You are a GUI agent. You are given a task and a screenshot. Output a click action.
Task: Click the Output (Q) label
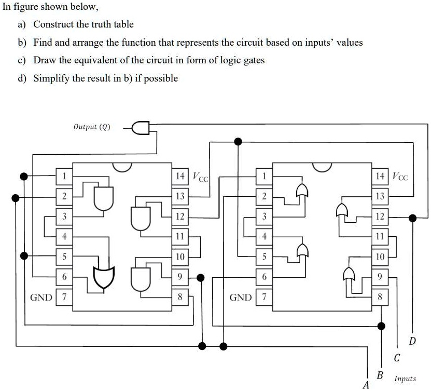pos(92,127)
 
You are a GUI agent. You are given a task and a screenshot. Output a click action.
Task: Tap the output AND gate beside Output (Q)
pos(142,127)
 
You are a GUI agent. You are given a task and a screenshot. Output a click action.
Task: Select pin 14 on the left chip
pos(180,176)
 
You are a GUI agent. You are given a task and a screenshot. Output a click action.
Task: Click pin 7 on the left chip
pos(64,298)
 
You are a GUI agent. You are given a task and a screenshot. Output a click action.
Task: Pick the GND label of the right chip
pos(241,298)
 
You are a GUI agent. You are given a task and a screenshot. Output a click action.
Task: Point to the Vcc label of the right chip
pos(400,177)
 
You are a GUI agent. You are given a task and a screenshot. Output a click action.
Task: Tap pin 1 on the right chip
pos(264,176)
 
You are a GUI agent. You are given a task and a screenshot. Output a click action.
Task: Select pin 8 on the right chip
pos(380,298)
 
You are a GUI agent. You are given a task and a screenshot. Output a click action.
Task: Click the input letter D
pos(412,341)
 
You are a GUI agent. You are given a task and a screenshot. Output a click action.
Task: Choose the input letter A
pos(366,385)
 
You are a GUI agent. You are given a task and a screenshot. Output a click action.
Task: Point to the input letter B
pos(380,375)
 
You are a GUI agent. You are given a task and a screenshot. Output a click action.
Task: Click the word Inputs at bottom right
pos(405,379)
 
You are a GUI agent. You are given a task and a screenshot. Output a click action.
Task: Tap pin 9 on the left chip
pos(180,277)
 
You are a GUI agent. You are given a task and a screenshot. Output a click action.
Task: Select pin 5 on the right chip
pos(264,257)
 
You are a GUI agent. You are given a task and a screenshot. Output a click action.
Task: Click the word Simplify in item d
pos(51,78)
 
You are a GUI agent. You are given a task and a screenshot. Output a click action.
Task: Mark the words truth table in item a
pos(114,24)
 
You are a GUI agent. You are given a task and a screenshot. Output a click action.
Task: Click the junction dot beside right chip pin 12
pos(412,218)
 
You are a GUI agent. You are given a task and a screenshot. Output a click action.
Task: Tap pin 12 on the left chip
pos(180,217)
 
